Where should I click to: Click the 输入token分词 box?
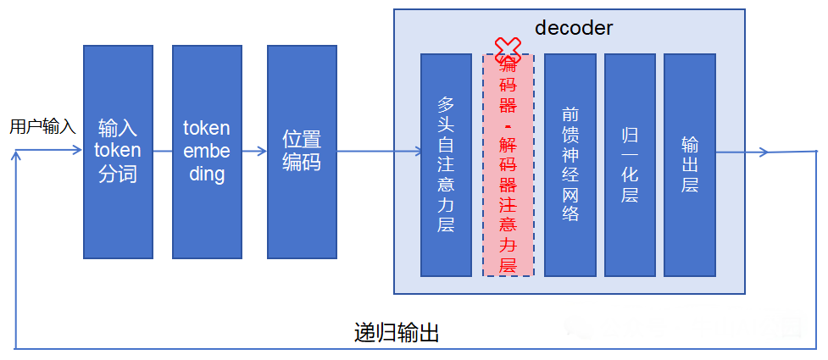(118, 152)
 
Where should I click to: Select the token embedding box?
(207, 152)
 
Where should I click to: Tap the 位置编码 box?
(302, 152)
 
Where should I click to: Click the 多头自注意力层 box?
(446, 164)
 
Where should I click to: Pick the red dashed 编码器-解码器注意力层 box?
(508, 165)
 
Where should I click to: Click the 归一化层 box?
(630, 164)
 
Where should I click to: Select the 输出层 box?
(690, 164)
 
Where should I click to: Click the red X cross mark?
(508, 48)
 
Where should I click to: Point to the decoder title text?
(574, 27)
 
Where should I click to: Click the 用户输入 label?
(42, 127)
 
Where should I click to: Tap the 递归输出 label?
(396, 332)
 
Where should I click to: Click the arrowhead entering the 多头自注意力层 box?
(416, 152)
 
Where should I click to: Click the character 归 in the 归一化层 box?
(630, 135)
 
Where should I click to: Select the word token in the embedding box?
(207, 128)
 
